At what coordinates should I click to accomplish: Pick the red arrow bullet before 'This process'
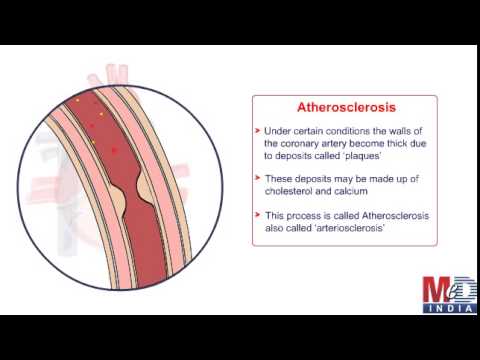tap(257, 214)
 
